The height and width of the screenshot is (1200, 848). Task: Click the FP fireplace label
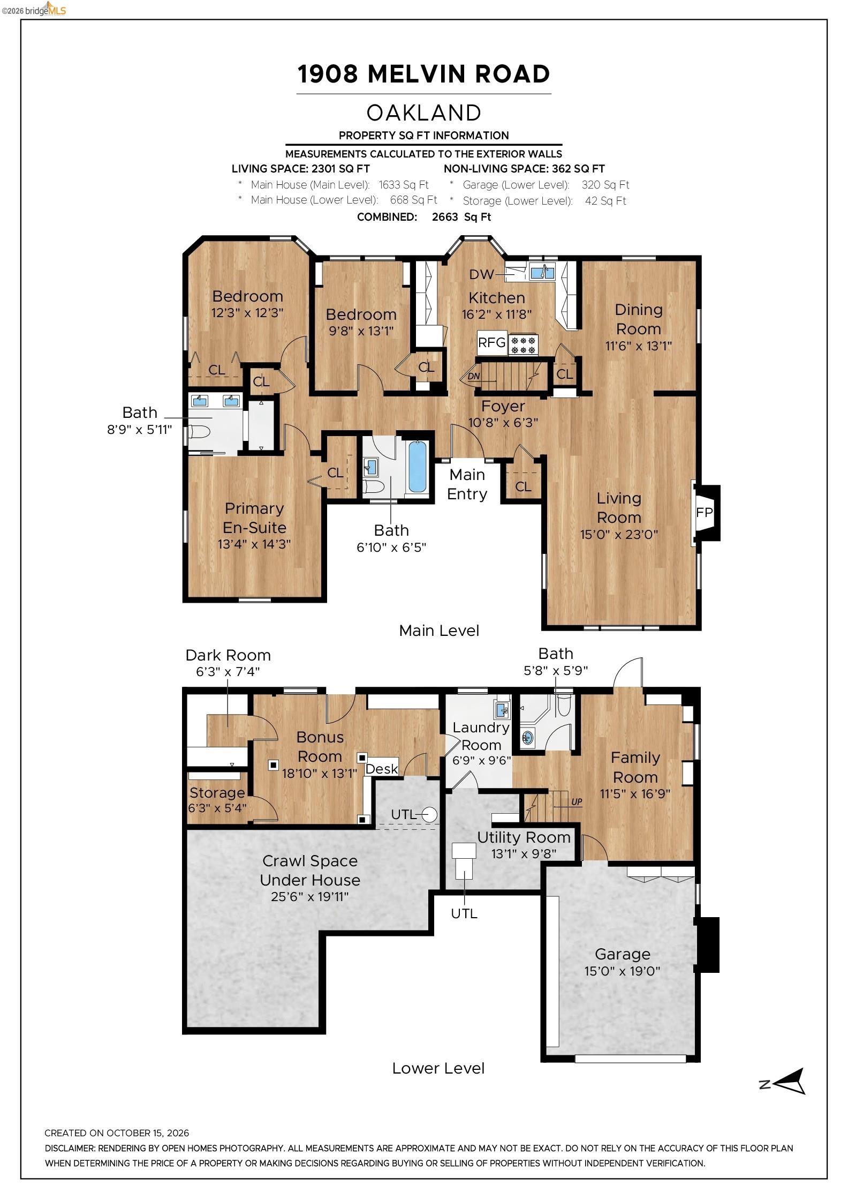click(704, 513)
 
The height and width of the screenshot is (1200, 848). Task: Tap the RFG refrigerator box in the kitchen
click(492, 342)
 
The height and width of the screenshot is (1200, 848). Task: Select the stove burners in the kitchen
click(523, 344)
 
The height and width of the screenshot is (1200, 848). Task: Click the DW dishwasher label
click(481, 274)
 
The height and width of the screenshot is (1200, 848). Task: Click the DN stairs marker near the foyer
click(474, 376)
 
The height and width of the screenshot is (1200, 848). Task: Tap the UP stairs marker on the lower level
click(576, 802)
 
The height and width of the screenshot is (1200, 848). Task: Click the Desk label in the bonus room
click(382, 769)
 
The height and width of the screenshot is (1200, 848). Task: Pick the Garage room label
click(623, 954)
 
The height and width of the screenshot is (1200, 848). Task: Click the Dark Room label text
click(228, 655)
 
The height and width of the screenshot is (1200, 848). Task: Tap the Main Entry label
click(467, 484)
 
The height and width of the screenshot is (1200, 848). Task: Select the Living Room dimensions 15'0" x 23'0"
click(619, 534)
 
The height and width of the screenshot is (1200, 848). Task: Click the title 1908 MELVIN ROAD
click(424, 74)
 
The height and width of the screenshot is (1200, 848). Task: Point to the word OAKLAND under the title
click(424, 112)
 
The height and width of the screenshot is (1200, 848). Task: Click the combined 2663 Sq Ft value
click(461, 217)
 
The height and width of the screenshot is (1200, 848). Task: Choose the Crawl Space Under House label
click(310, 870)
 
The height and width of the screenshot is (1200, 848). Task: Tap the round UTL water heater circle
click(430, 814)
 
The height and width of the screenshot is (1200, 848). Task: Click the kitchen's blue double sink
click(542, 273)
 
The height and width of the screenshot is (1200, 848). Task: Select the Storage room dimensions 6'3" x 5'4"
click(217, 807)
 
